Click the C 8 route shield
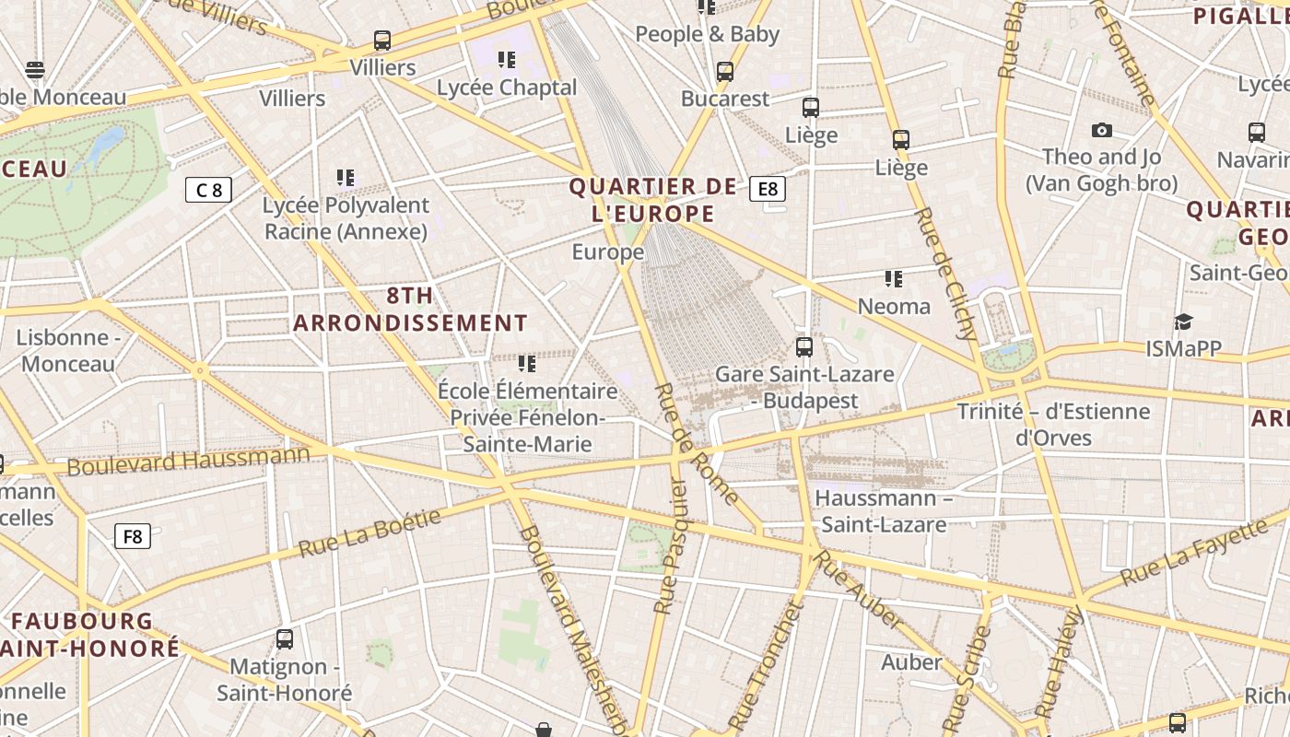click(x=208, y=190)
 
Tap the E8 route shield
click(x=767, y=189)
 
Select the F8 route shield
click(x=133, y=536)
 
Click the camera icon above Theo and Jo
click(x=1101, y=131)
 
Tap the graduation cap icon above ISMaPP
click(x=1183, y=322)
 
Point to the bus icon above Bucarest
click(x=725, y=72)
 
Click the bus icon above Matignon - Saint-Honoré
click(x=285, y=638)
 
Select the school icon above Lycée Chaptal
click(x=506, y=60)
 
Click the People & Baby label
click(x=708, y=35)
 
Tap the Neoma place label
click(x=894, y=306)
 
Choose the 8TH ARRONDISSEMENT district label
click(x=410, y=310)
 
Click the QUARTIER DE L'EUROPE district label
click(x=653, y=200)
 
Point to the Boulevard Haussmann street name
click(x=189, y=459)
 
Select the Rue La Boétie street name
click(x=369, y=533)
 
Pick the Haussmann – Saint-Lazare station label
click(x=884, y=511)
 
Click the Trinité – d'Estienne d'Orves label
click(x=1053, y=424)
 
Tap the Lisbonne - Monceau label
click(x=68, y=350)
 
